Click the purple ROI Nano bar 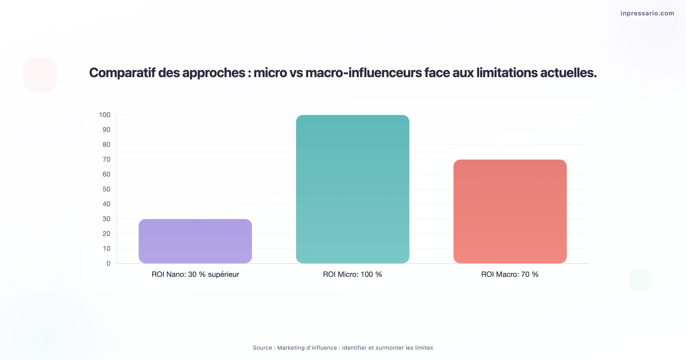point(195,241)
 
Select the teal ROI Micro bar point(352,189)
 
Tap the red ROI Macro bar point(510,211)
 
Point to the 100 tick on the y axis point(105,115)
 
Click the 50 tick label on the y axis point(106,189)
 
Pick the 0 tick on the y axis point(108,263)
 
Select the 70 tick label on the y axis point(106,159)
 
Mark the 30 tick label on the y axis point(106,219)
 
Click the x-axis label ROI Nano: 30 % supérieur point(195,274)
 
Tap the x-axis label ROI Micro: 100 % point(352,274)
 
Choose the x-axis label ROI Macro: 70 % point(510,274)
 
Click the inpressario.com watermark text point(647,13)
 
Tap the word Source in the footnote point(262,348)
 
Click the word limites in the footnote point(424,348)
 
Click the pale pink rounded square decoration point(40,74)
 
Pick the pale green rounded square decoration point(640,280)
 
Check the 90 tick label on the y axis point(106,130)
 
